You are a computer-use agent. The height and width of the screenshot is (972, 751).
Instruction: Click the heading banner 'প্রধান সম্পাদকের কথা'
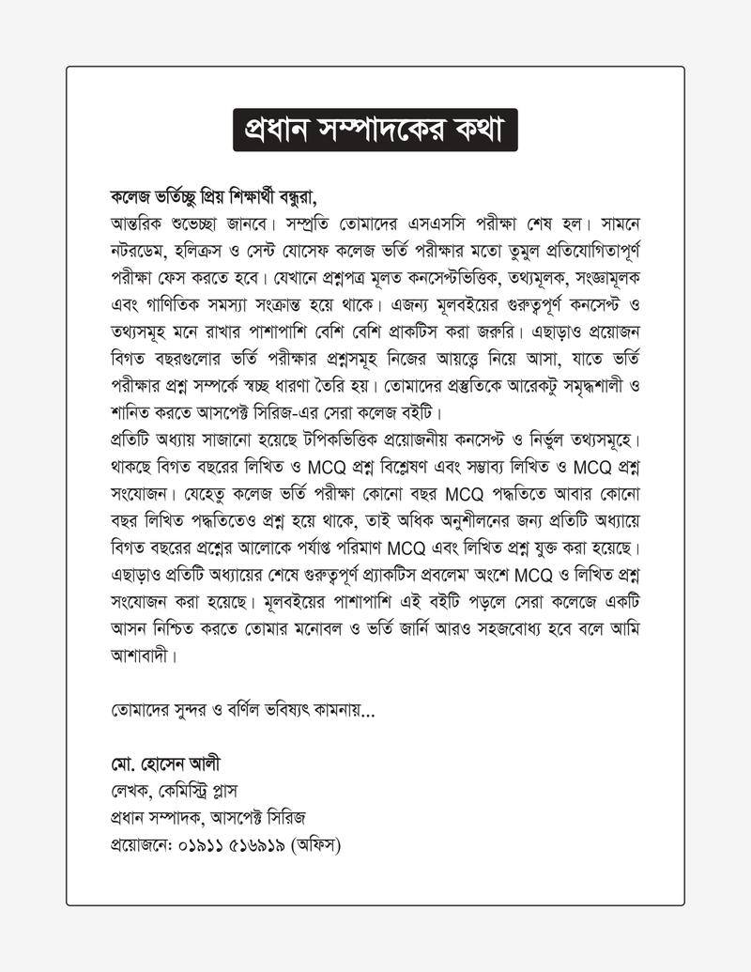coord(375,130)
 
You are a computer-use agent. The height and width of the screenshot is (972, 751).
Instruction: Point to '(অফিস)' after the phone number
coord(317,845)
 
